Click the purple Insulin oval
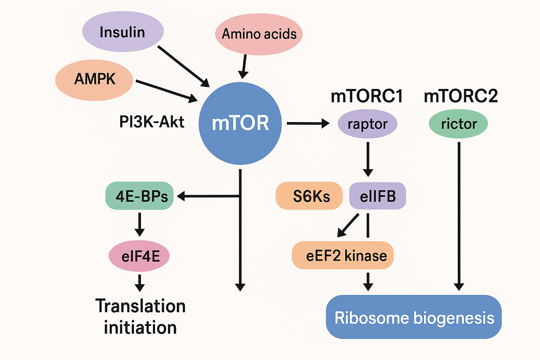tap(123, 32)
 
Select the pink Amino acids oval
tap(259, 34)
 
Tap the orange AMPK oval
tap(94, 80)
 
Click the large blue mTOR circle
tap(240, 123)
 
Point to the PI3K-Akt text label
tap(152, 122)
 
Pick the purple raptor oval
tap(367, 124)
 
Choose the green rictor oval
tap(458, 124)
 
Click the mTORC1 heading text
tap(367, 96)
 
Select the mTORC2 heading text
tap(461, 96)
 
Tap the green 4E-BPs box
tap(140, 196)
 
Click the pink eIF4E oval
tap(139, 256)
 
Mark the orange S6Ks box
tap(309, 196)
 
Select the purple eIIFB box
tap(378, 196)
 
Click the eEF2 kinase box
tap(343, 255)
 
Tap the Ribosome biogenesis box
tap(414, 317)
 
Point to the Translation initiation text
tap(140, 317)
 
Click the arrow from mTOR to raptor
tap(308, 123)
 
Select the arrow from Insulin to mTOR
tap(184, 66)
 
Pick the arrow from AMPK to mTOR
tap(167, 92)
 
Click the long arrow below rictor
tap(459, 216)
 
